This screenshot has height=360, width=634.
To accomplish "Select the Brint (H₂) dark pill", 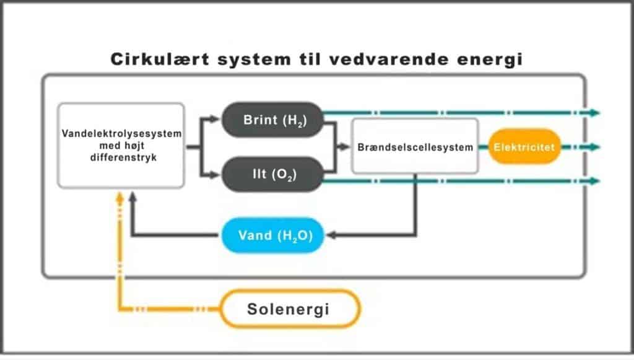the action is pos(273,120).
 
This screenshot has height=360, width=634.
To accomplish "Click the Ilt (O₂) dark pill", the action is pos(273,174).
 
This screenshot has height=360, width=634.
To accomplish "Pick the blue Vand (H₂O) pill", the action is pos(273,235).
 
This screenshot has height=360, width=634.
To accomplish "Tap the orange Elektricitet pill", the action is pos(524,147).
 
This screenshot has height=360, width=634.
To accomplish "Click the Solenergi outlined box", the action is pos(290,309).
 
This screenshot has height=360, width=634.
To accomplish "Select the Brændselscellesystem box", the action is pos(415,146).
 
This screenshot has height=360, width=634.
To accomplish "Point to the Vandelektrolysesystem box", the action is pos(121,146).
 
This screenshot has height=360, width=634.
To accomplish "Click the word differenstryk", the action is pos(123,158).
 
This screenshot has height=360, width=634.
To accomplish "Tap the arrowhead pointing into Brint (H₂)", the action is pos(214,119).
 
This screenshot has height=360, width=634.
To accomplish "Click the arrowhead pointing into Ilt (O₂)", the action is pos(214,175).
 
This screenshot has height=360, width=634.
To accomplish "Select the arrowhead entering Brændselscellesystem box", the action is pos(345,147).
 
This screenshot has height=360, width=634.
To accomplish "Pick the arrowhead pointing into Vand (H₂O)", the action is pos(331,235).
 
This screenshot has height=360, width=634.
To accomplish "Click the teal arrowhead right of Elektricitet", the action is pos(594,147).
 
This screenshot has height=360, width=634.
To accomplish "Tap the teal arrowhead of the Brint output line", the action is pos(594,113).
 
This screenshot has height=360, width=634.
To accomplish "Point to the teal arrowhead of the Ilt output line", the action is pos(594,181).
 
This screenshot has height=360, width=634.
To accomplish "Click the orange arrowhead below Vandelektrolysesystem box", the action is pos(119,198).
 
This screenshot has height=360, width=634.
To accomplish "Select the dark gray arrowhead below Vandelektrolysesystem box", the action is pos(132,198).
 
